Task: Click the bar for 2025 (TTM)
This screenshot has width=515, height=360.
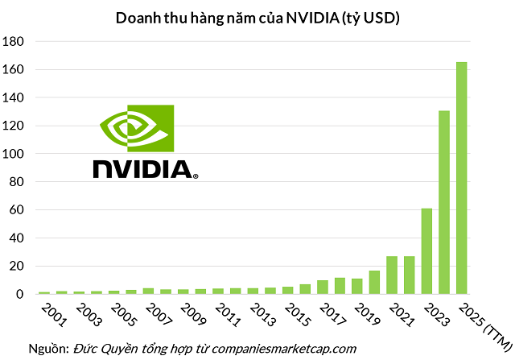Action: (462, 178)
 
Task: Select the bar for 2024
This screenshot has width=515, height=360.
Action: (444, 202)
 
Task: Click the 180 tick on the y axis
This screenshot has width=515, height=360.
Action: (17, 42)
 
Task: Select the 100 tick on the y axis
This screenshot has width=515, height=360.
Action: (17, 154)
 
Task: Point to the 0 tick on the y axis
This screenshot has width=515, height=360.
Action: (23, 295)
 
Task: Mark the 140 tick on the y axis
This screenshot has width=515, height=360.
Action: (17, 98)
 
